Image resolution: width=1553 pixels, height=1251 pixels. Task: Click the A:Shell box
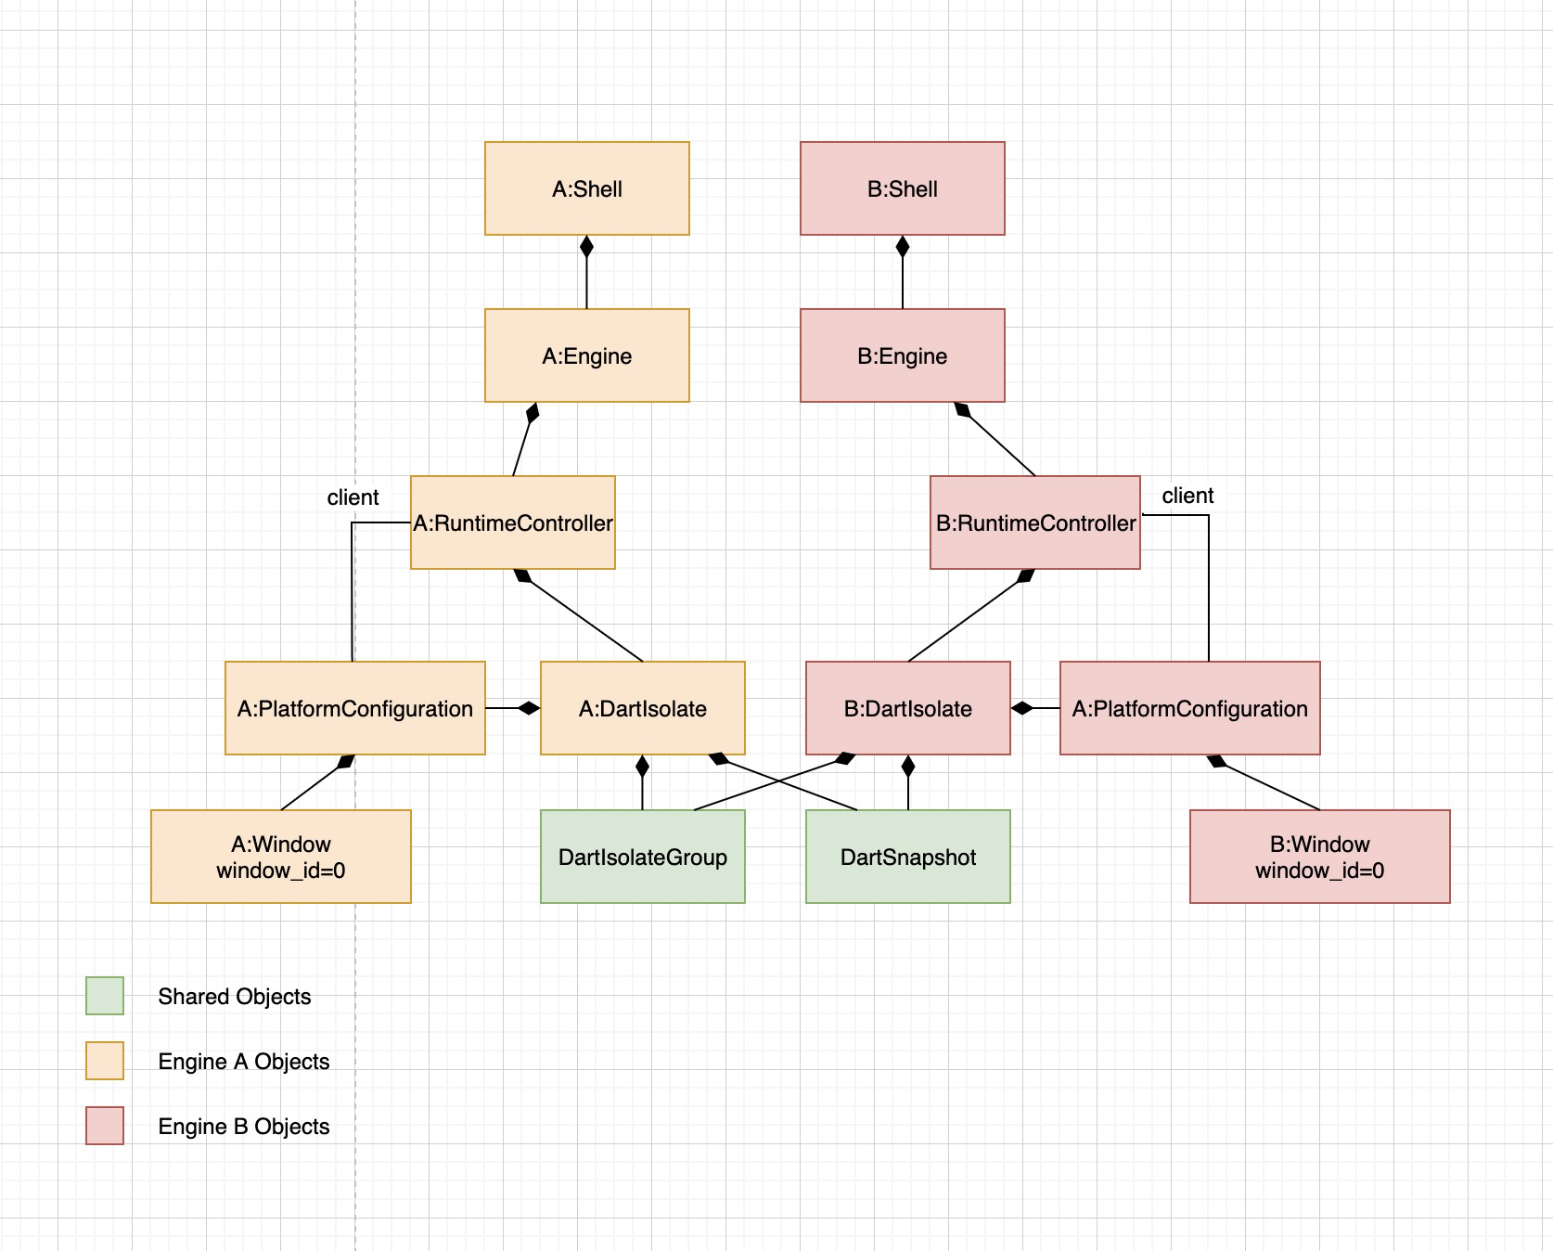click(586, 188)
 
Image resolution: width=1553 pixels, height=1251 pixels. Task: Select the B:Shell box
click(902, 188)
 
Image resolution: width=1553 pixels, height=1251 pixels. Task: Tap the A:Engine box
click(586, 355)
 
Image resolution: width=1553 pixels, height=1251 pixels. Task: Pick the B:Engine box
click(902, 355)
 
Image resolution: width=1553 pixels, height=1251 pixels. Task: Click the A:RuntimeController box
click(512, 522)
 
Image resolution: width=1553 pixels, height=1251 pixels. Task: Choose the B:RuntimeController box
click(1034, 522)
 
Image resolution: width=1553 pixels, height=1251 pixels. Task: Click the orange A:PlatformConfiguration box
click(354, 708)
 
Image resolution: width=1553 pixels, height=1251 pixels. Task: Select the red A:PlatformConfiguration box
click(1189, 708)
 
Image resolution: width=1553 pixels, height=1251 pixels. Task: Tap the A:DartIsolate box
click(642, 708)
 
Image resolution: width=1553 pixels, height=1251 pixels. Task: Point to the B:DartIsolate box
click(907, 708)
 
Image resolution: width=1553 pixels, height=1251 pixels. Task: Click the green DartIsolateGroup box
click(642, 857)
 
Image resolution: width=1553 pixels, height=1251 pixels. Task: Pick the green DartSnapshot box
click(907, 857)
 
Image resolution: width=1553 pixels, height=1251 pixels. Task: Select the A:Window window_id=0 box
click(280, 857)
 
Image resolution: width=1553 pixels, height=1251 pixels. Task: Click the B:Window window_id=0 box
click(1319, 857)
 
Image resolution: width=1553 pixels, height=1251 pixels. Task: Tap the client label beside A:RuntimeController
click(353, 497)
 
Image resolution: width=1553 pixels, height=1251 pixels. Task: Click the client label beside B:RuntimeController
click(1187, 496)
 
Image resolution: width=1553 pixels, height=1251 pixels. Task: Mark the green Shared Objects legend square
click(105, 996)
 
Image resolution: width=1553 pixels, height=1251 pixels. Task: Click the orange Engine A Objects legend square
click(105, 1061)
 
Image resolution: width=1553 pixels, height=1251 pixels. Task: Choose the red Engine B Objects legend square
click(105, 1126)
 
